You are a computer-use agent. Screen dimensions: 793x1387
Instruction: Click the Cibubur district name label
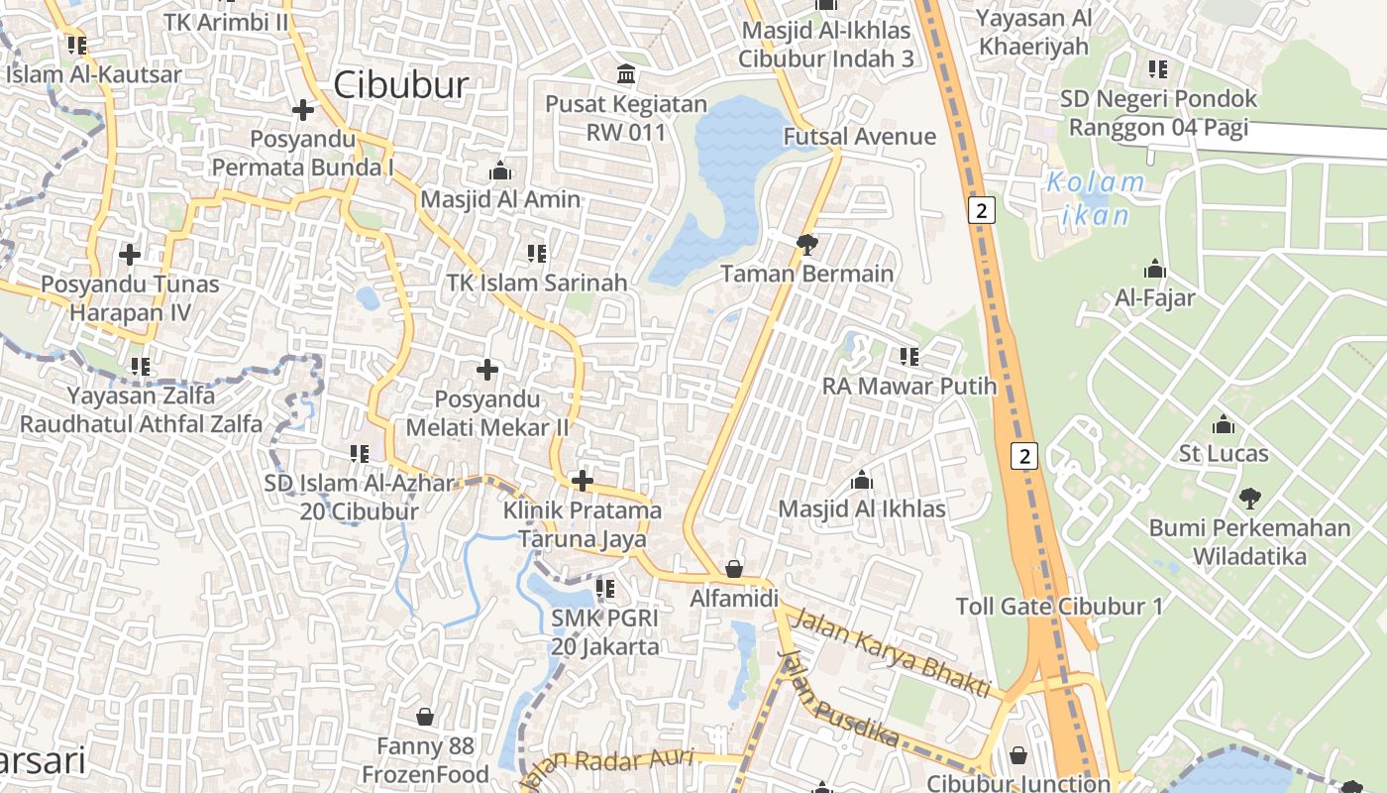pyautogui.click(x=400, y=85)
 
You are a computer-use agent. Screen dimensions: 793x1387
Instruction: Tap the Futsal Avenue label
pyautogui.click(x=859, y=137)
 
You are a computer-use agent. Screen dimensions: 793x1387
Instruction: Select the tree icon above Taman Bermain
pyautogui.click(x=807, y=244)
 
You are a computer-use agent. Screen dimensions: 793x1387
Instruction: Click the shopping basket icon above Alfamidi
pyautogui.click(x=734, y=569)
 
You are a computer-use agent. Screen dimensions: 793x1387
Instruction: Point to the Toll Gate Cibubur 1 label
pyautogui.click(x=1059, y=607)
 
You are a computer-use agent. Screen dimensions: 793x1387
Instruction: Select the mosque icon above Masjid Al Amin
pyautogui.click(x=500, y=170)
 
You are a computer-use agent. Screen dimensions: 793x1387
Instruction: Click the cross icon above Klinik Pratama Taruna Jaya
pyautogui.click(x=583, y=482)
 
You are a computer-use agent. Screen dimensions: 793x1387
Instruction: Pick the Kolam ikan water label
pyautogui.click(x=1096, y=198)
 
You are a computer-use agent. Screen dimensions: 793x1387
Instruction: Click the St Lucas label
pyautogui.click(x=1224, y=454)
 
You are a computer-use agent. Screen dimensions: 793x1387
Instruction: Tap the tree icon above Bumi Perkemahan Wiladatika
pyautogui.click(x=1250, y=498)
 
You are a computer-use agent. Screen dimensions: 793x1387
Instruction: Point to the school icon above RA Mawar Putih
pyautogui.click(x=908, y=356)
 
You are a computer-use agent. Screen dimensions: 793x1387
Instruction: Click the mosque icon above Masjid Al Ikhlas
pyautogui.click(x=862, y=481)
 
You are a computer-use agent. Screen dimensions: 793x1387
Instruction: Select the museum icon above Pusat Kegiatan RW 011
pyautogui.click(x=626, y=74)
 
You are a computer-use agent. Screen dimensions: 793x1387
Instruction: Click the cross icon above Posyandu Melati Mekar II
pyautogui.click(x=487, y=370)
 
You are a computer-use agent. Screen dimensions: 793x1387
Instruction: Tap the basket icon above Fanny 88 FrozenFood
pyautogui.click(x=425, y=716)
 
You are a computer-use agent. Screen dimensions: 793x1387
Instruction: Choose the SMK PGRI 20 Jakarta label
pyautogui.click(x=605, y=632)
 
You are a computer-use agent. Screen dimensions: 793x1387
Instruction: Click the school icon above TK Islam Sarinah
pyautogui.click(x=537, y=254)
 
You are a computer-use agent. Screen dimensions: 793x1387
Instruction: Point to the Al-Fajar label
pyautogui.click(x=1155, y=297)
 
